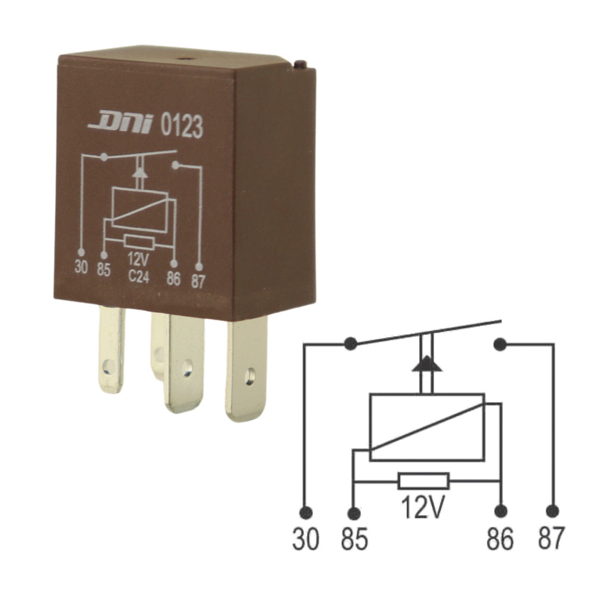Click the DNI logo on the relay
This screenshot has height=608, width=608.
pyautogui.click(x=121, y=123)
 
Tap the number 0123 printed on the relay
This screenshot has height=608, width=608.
pyautogui.click(x=182, y=127)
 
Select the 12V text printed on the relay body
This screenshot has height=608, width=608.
pyautogui.click(x=139, y=261)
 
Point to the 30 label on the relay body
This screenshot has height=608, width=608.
pyautogui.click(x=81, y=267)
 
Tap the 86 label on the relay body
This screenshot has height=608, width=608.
pyautogui.click(x=173, y=278)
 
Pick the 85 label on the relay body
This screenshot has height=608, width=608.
pyautogui.click(x=104, y=270)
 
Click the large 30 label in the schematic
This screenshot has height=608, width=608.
pyautogui.click(x=305, y=539)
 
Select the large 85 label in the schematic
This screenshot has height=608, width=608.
pyautogui.click(x=354, y=539)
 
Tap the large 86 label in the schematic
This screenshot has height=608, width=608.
pyautogui.click(x=500, y=539)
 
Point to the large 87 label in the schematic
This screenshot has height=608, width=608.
pyautogui.click(x=552, y=539)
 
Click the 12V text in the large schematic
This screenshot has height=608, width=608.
pyautogui.click(x=423, y=508)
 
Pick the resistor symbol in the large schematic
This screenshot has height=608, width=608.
pyautogui.click(x=423, y=481)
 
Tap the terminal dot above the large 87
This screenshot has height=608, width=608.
pyautogui.click(x=553, y=511)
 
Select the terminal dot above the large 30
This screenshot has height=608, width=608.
pyautogui.click(x=306, y=511)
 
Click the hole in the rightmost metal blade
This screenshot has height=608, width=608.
pyautogui.click(x=250, y=375)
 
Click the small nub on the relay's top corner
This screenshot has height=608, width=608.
pyautogui.click(x=300, y=64)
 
